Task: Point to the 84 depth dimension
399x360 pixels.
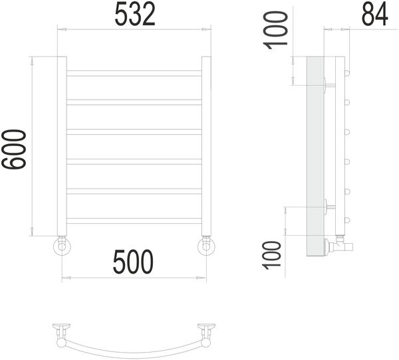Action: [x=374, y=14]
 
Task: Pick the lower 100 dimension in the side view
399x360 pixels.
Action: [x=274, y=254]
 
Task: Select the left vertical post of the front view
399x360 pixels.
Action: [x=61, y=145]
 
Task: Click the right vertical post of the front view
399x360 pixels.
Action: [x=206, y=145]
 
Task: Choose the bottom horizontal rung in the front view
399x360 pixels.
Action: [x=134, y=221]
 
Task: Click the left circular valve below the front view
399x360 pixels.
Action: [x=62, y=247]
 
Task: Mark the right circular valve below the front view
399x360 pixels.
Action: [x=205, y=247]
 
